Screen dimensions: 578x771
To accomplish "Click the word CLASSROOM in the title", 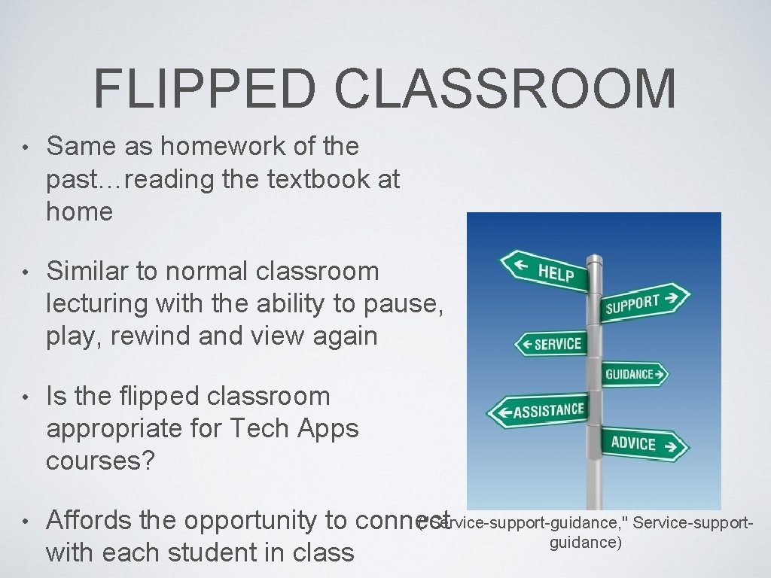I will tap(505, 88).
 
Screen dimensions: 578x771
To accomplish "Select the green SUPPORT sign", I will tap(645, 302).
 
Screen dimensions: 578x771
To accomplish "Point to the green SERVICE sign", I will tap(550, 344).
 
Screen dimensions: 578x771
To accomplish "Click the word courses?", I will tap(100, 461).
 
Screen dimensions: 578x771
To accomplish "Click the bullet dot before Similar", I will tap(25, 271).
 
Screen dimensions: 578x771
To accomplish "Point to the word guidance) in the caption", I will tap(585, 543).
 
